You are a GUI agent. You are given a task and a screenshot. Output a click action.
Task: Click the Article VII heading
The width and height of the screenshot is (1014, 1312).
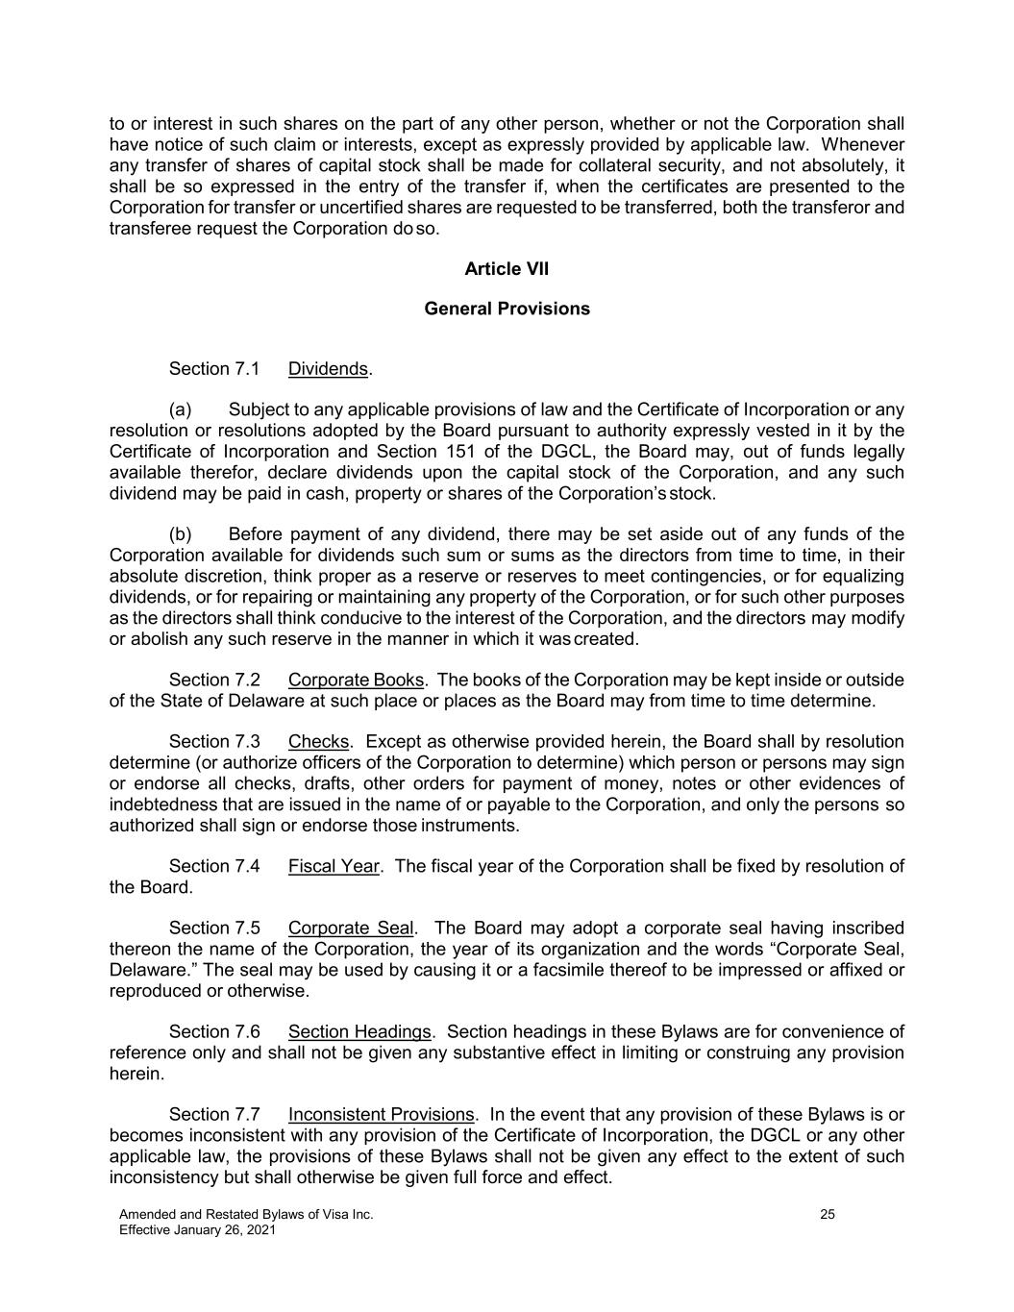[507, 269]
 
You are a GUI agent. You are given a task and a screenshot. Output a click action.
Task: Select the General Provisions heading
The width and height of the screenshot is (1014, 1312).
[507, 309]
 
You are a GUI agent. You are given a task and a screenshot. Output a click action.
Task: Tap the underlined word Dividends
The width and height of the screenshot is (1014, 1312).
[328, 369]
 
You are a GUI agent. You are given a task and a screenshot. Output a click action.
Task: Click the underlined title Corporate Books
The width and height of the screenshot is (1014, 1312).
[356, 681]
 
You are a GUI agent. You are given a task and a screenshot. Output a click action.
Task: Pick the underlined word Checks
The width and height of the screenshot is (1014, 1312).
[318, 742]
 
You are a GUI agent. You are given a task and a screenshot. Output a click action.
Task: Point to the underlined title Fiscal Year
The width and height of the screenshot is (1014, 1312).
[334, 866]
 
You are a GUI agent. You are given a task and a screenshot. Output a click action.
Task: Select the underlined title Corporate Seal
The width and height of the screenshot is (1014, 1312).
[351, 928]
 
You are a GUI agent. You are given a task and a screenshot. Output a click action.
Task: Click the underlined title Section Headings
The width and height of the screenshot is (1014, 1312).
[359, 1032]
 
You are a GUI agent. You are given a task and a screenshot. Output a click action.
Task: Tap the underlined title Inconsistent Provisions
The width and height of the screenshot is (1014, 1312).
[381, 1115]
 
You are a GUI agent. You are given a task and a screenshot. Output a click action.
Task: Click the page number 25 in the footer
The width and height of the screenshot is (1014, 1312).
[828, 1215]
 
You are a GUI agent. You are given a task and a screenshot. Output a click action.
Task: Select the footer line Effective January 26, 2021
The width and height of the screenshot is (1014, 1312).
[197, 1230]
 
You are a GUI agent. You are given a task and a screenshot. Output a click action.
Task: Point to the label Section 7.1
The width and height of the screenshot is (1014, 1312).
[214, 369]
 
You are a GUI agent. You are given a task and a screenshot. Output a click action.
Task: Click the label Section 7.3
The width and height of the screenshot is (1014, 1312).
[214, 742]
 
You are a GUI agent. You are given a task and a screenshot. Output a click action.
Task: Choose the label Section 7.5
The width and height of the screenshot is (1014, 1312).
[214, 928]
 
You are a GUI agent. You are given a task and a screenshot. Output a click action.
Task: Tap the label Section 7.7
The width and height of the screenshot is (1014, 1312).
[214, 1115]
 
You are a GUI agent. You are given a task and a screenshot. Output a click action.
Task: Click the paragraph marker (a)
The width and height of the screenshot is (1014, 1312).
[181, 410]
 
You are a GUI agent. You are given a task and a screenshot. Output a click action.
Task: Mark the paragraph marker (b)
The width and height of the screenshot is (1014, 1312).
[181, 534]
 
